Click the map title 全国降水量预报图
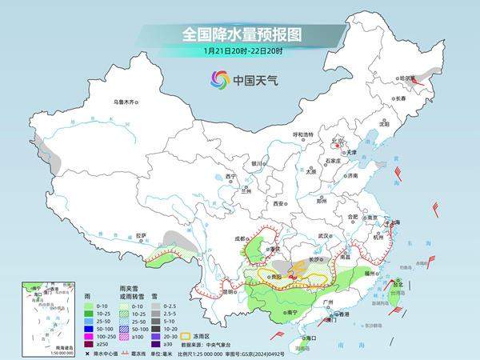239,34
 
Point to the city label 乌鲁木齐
126,102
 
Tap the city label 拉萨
141,235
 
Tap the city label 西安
279,205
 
